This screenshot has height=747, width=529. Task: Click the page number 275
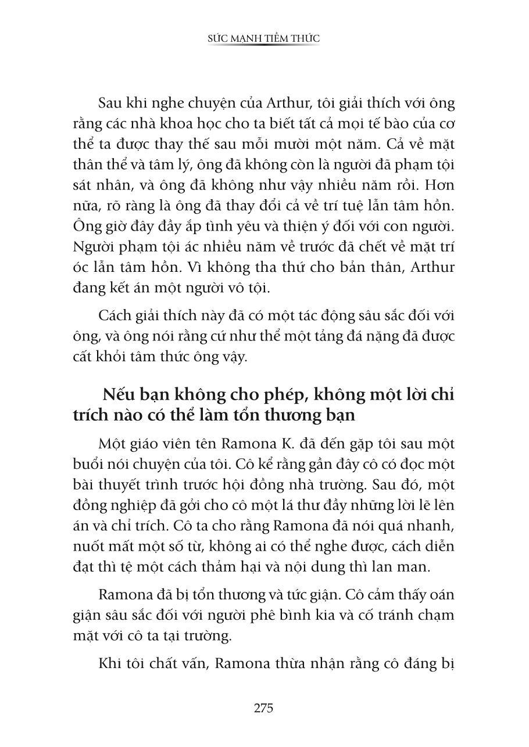pyautogui.click(x=263, y=708)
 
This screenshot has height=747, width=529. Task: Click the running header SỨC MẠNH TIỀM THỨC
pyautogui.click(x=264, y=38)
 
